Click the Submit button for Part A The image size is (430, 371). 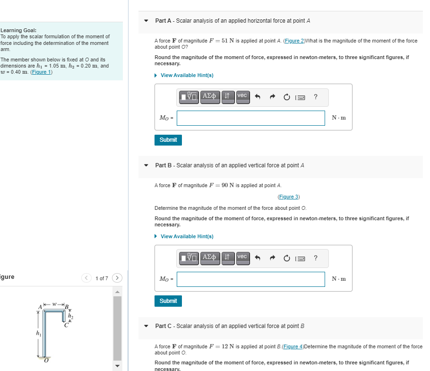tap(168, 140)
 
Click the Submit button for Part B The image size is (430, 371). tap(168, 301)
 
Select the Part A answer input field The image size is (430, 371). tap(250, 118)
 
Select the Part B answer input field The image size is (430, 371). tap(250, 279)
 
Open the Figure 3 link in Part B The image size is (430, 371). tap(288, 197)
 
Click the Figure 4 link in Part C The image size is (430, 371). tap(294, 346)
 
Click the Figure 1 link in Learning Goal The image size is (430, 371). tap(41, 72)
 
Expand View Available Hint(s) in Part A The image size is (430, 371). tap(187, 76)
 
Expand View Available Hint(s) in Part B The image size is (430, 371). tap(187, 236)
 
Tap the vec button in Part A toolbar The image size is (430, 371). tap(242, 96)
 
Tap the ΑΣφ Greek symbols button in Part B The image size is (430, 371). tap(210, 257)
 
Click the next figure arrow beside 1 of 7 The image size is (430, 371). tap(117, 278)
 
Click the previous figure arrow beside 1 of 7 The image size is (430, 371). tap(86, 278)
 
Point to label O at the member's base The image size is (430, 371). tap(46, 361)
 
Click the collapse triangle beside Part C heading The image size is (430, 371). tap(146, 326)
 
